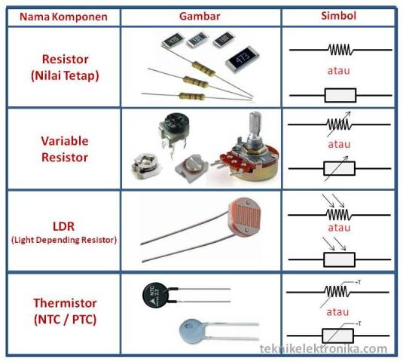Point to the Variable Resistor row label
pyautogui.click(x=64, y=149)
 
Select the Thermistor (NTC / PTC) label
pyautogui.click(x=64, y=311)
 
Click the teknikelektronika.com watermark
pyautogui.click(x=324, y=349)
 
